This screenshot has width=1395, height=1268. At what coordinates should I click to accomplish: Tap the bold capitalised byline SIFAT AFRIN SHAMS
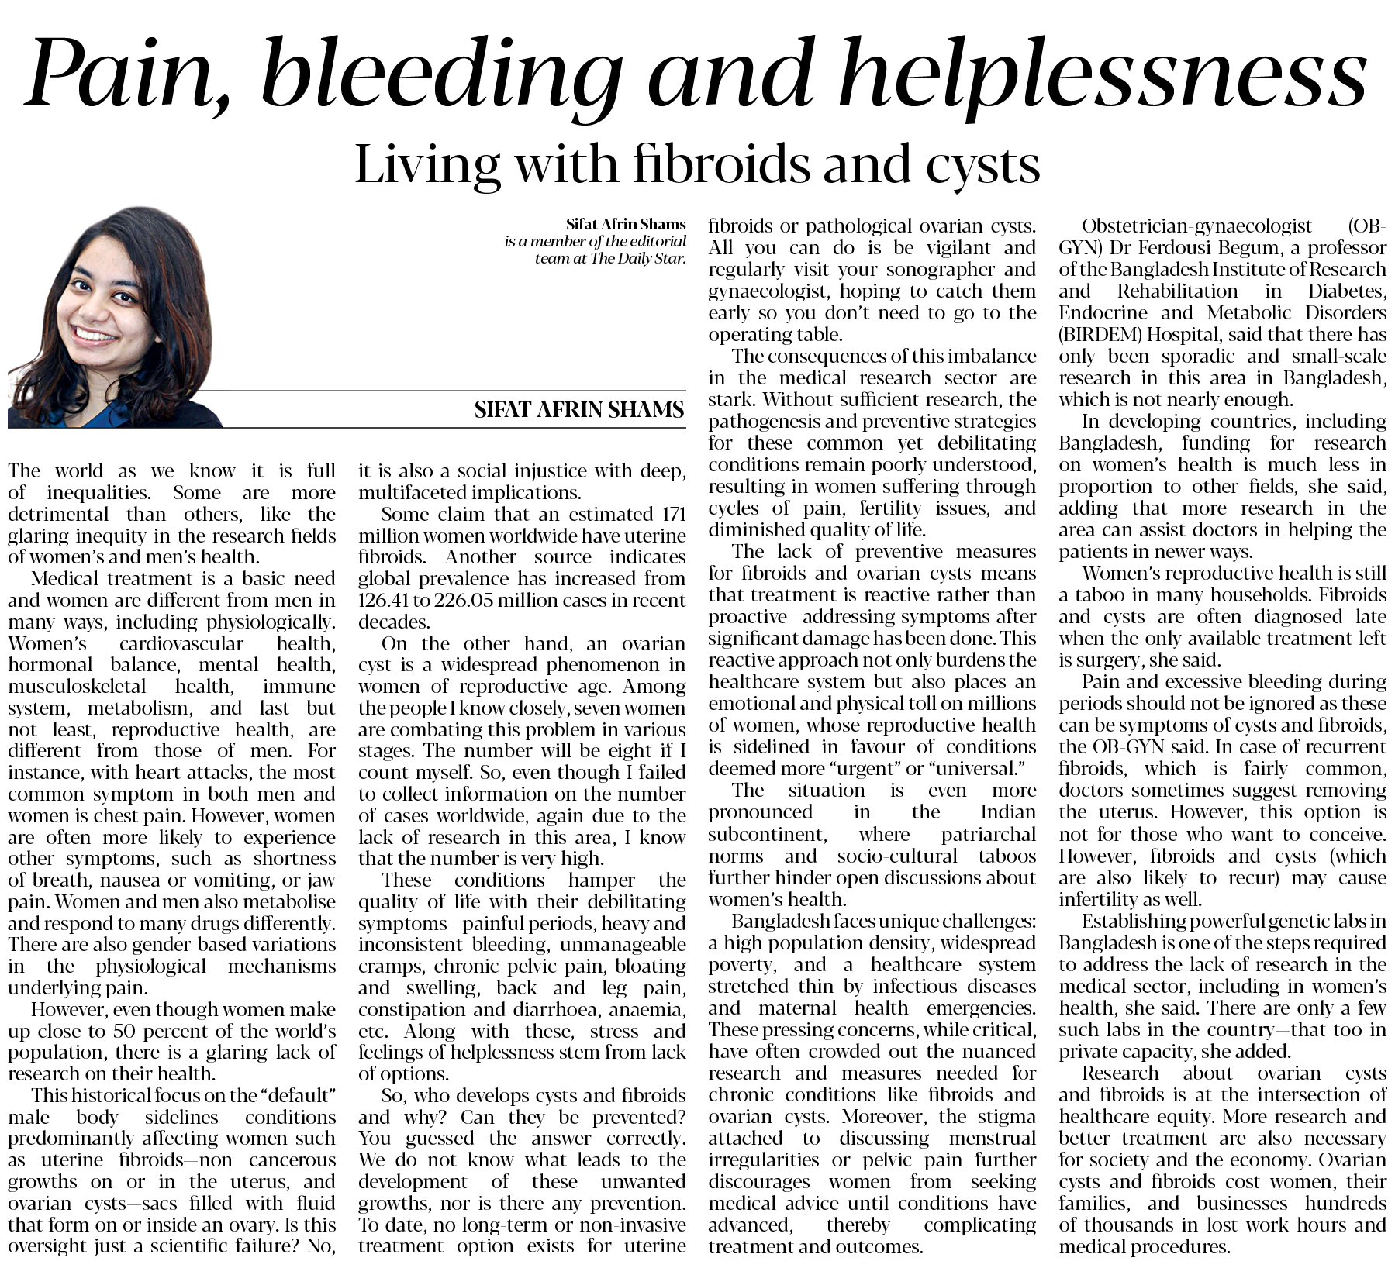point(579,409)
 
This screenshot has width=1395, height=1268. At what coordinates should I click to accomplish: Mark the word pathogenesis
point(768,422)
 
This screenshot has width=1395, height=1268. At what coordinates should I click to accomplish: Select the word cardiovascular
point(181,643)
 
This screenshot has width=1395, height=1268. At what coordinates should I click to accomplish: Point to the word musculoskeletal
point(77,687)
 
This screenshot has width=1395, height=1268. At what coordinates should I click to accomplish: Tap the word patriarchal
point(988,834)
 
